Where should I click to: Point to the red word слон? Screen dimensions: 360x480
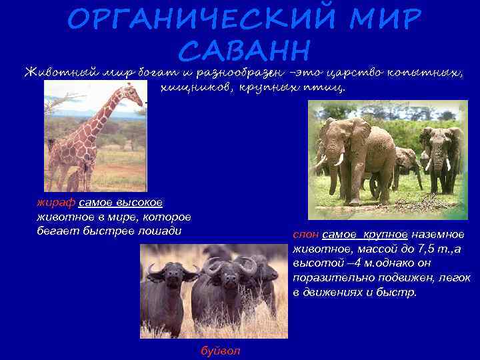305,235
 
